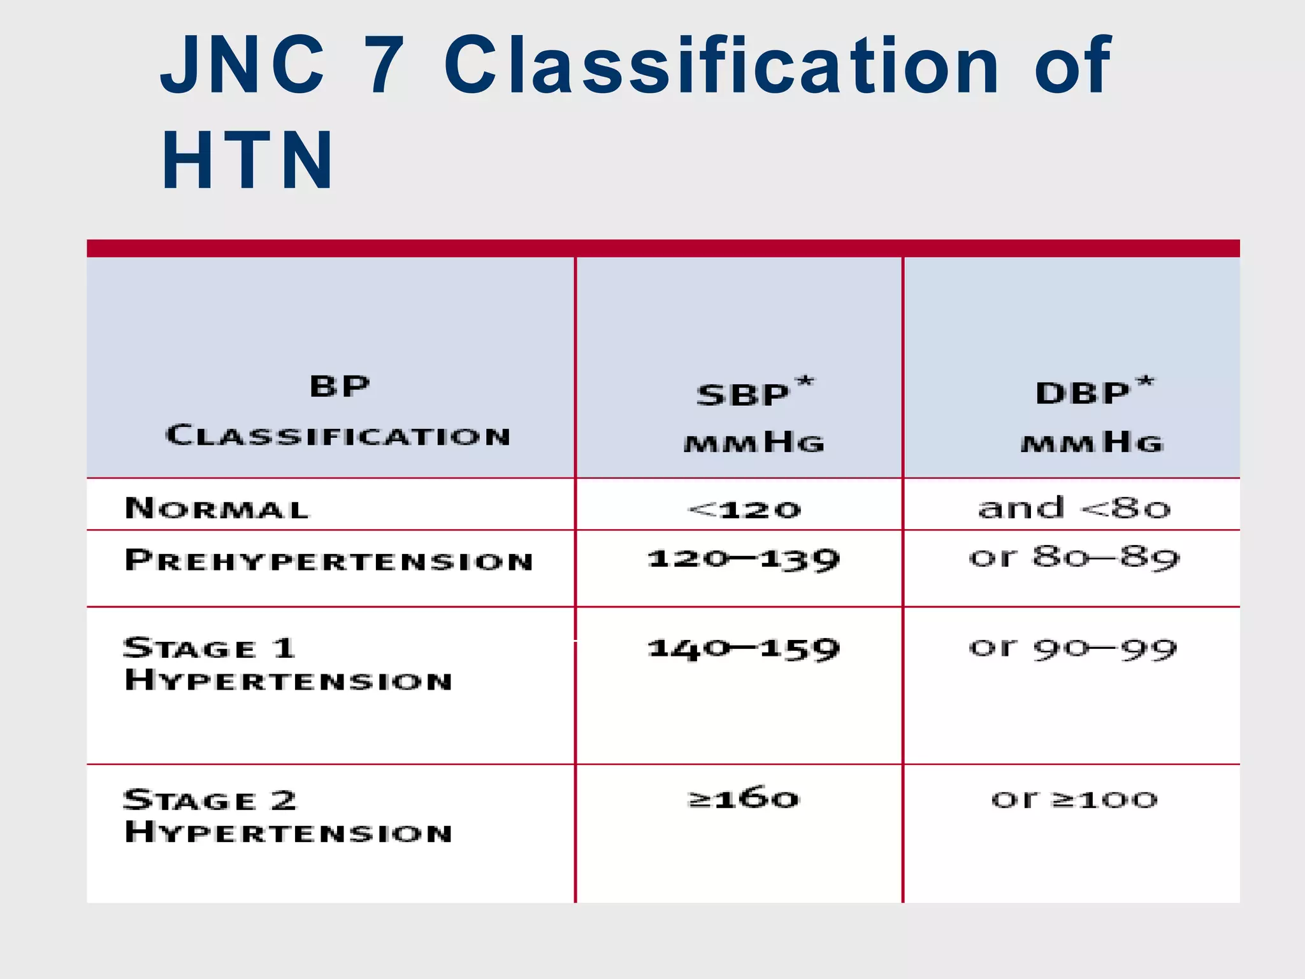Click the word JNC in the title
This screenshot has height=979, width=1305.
tap(242, 65)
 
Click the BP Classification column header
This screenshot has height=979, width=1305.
tap(338, 411)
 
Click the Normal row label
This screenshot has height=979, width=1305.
tap(217, 509)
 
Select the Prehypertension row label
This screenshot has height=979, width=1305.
tap(329, 560)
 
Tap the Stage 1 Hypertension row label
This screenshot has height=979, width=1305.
tap(288, 664)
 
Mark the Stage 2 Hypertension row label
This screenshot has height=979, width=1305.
tap(288, 816)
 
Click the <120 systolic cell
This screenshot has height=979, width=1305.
tap(744, 509)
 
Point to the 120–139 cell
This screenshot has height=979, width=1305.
tap(744, 560)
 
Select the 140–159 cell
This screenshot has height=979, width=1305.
tap(744, 649)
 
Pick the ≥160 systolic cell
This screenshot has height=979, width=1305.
tap(744, 799)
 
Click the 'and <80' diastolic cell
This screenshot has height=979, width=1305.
tap(1074, 508)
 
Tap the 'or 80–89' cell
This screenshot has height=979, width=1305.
tap(1074, 558)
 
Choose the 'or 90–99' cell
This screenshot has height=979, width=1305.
tap(1073, 648)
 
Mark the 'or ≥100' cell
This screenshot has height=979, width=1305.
tap(1074, 799)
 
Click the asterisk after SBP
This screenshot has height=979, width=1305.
tap(805, 381)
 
